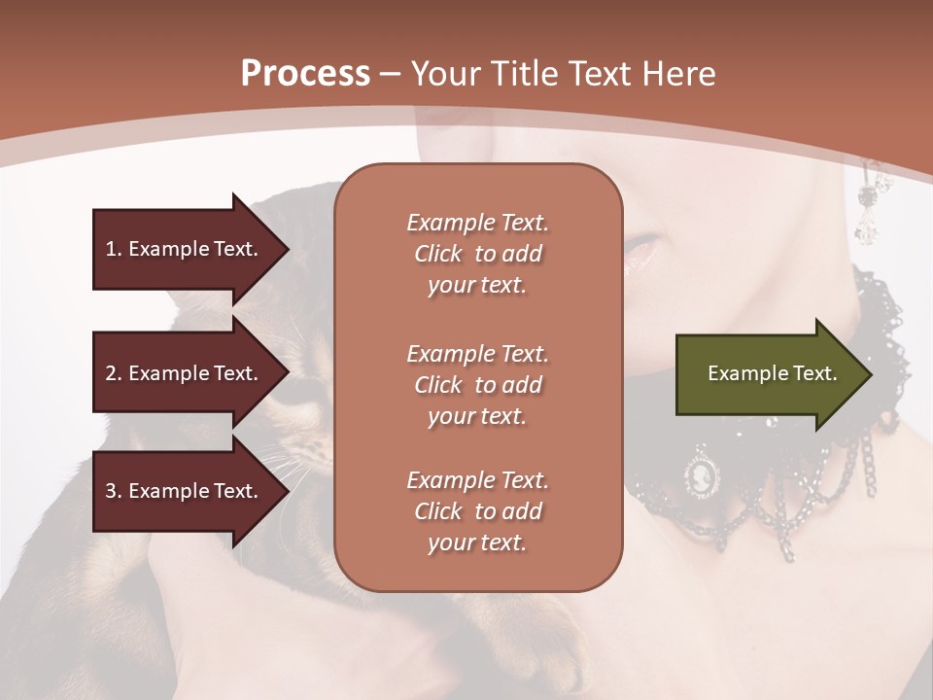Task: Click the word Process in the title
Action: coord(305,74)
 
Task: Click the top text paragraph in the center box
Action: coord(477,254)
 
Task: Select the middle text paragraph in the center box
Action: coord(477,385)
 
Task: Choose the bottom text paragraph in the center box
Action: coord(477,511)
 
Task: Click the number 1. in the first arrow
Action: coord(114,249)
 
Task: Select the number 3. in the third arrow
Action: coord(114,491)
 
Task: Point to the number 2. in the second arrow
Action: coord(114,373)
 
